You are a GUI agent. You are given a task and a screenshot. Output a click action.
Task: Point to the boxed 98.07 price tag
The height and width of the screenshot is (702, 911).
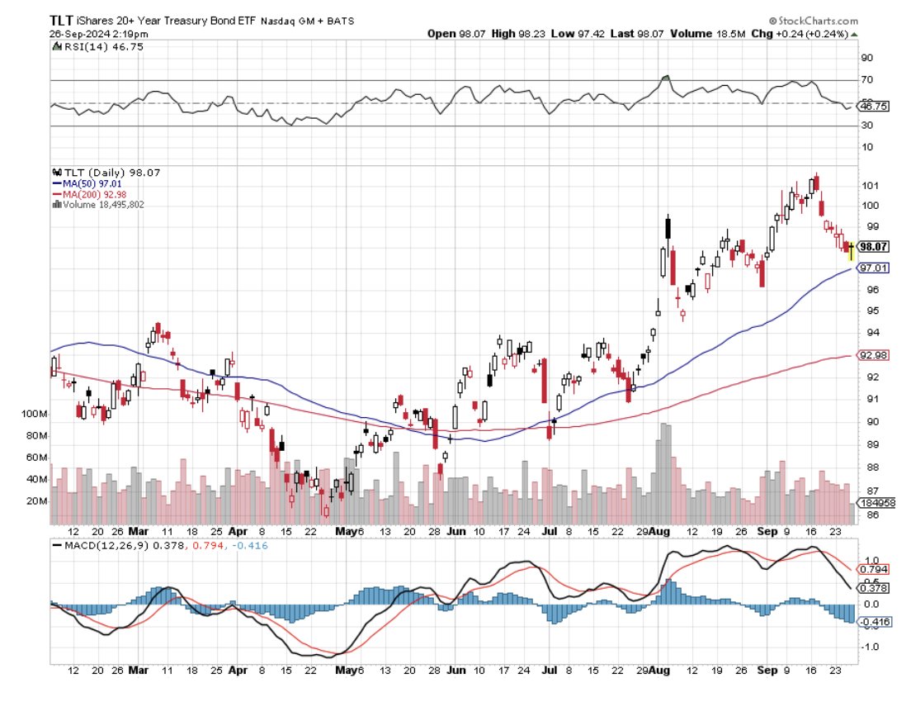(874, 246)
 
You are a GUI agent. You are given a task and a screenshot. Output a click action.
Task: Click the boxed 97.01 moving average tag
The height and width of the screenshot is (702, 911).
(873, 268)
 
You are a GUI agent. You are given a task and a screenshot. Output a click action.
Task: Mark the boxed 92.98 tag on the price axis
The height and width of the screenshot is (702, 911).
(873, 355)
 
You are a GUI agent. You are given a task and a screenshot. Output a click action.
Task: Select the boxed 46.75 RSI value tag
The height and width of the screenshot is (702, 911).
(873, 107)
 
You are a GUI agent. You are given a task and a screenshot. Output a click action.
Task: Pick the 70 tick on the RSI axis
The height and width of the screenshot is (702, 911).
(867, 80)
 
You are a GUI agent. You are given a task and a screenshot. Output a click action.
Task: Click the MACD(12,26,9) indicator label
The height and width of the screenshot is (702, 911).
(100, 545)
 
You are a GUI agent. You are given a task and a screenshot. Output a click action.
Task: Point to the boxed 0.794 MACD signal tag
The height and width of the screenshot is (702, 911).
(874, 569)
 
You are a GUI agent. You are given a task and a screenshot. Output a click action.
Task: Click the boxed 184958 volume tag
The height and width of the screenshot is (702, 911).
(877, 502)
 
